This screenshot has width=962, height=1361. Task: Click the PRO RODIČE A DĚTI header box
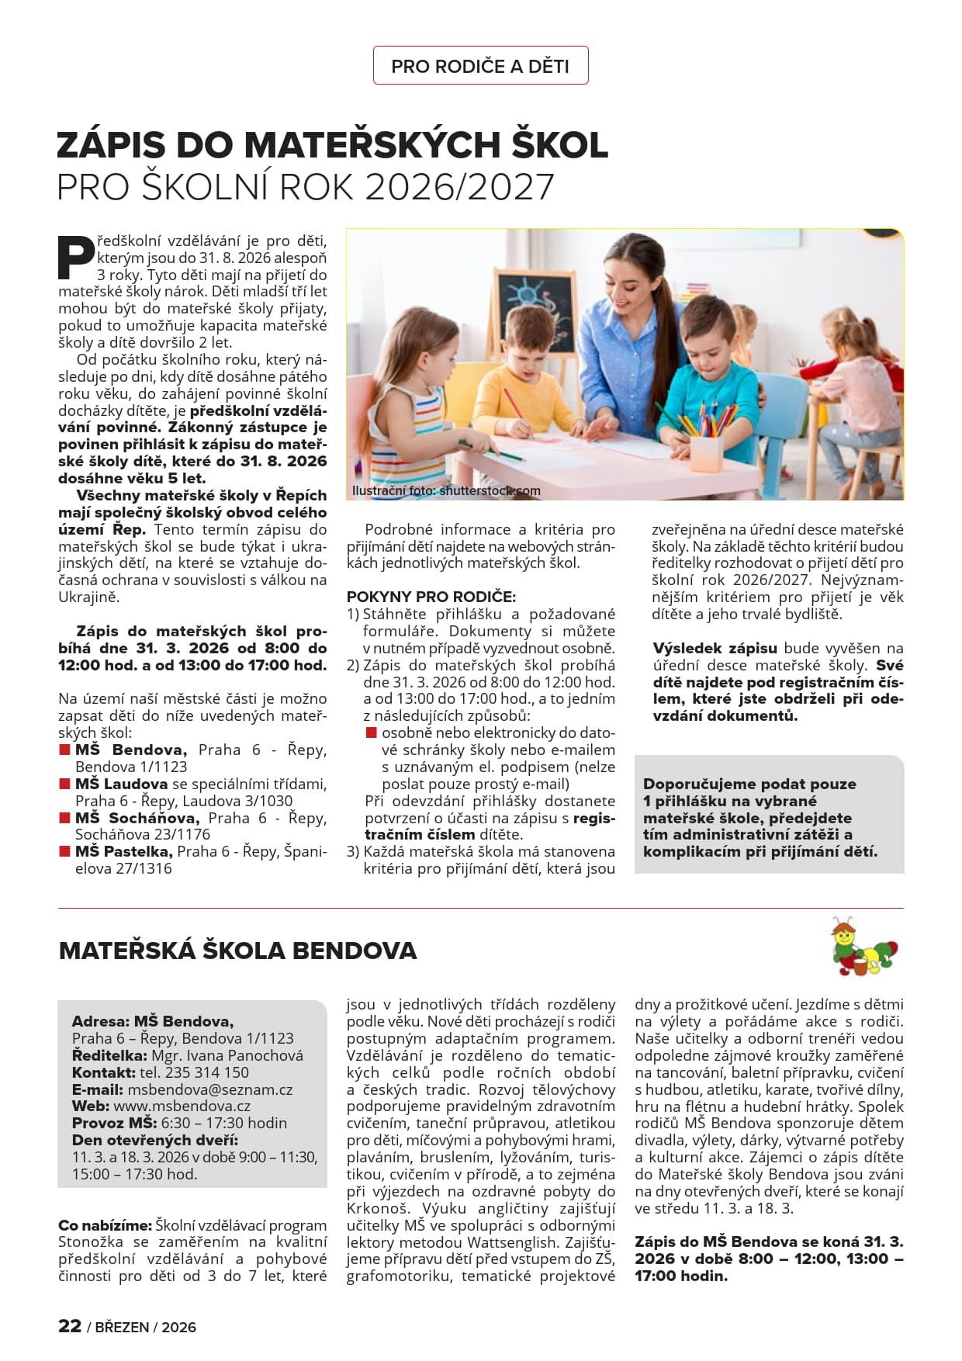(480, 66)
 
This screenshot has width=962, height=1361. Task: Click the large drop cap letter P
(76, 257)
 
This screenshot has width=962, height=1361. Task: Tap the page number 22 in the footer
(70, 1326)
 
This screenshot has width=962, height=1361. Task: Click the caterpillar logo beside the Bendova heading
(863, 947)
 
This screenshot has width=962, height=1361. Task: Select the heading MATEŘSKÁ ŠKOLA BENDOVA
(237, 951)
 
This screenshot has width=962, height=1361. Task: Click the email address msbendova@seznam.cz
(210, 1089)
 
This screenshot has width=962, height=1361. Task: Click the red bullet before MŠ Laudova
(65, 784)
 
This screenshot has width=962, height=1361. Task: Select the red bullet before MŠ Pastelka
(65, 851)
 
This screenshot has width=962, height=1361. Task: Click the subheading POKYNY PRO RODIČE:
(431, 597)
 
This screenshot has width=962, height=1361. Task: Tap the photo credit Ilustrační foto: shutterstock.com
(446, 490)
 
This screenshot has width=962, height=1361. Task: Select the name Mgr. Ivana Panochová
(227, 1055)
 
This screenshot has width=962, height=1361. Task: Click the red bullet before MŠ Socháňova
(65, 818)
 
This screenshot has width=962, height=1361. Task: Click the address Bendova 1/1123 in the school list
(131, 767)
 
